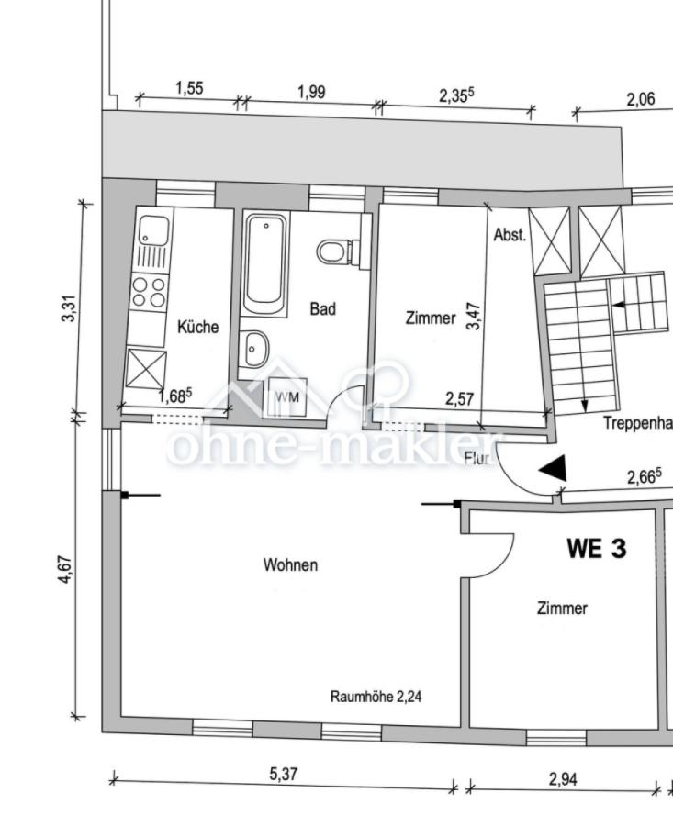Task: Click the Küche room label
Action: click(x=197, y=327)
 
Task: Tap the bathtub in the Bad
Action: click(x=265, y=263)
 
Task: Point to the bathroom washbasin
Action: click(x=256, y=348)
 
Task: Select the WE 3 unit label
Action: click(x=596, y=549)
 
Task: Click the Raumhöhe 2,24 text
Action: click(x=376, y=697)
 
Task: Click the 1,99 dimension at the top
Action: click(x=310, y=93)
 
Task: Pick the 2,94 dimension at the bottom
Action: click(x=563, y=779)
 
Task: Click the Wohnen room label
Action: click(x=290, y=564)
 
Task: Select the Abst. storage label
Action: click(x=510, y=235)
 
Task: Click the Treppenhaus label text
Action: click(x=637, y=423)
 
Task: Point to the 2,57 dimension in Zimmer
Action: click(x=459, y=399)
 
